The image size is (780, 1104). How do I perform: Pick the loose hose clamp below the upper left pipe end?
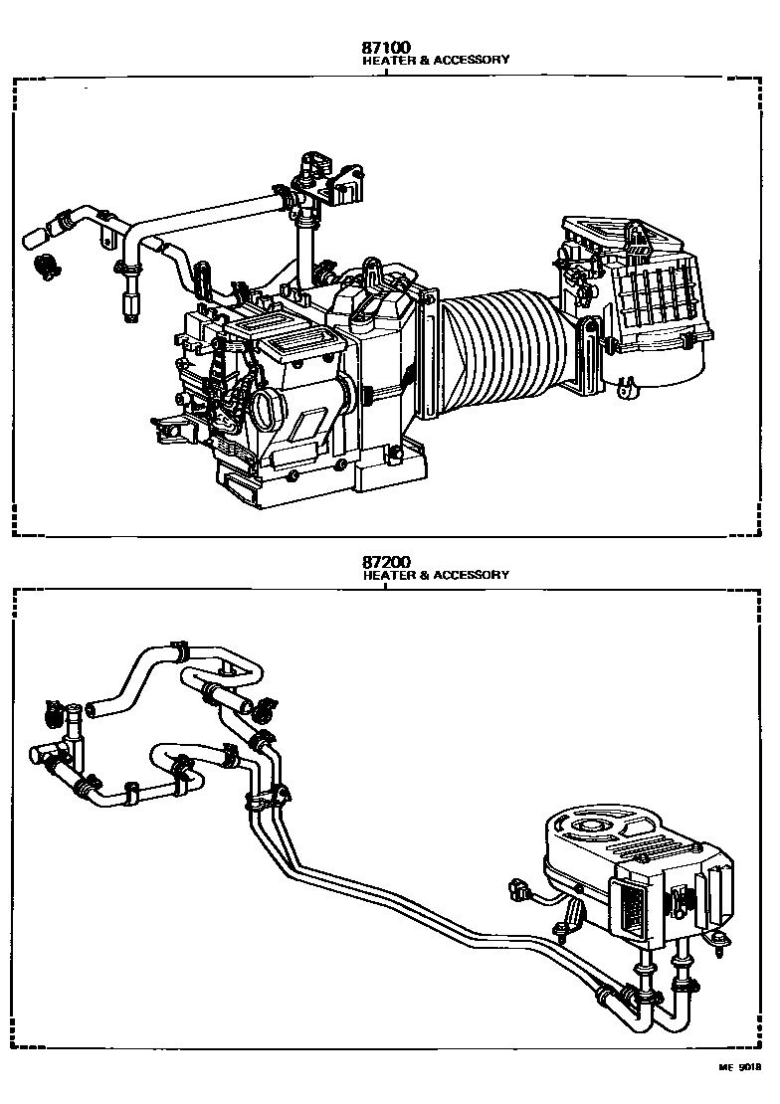(46, 265)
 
